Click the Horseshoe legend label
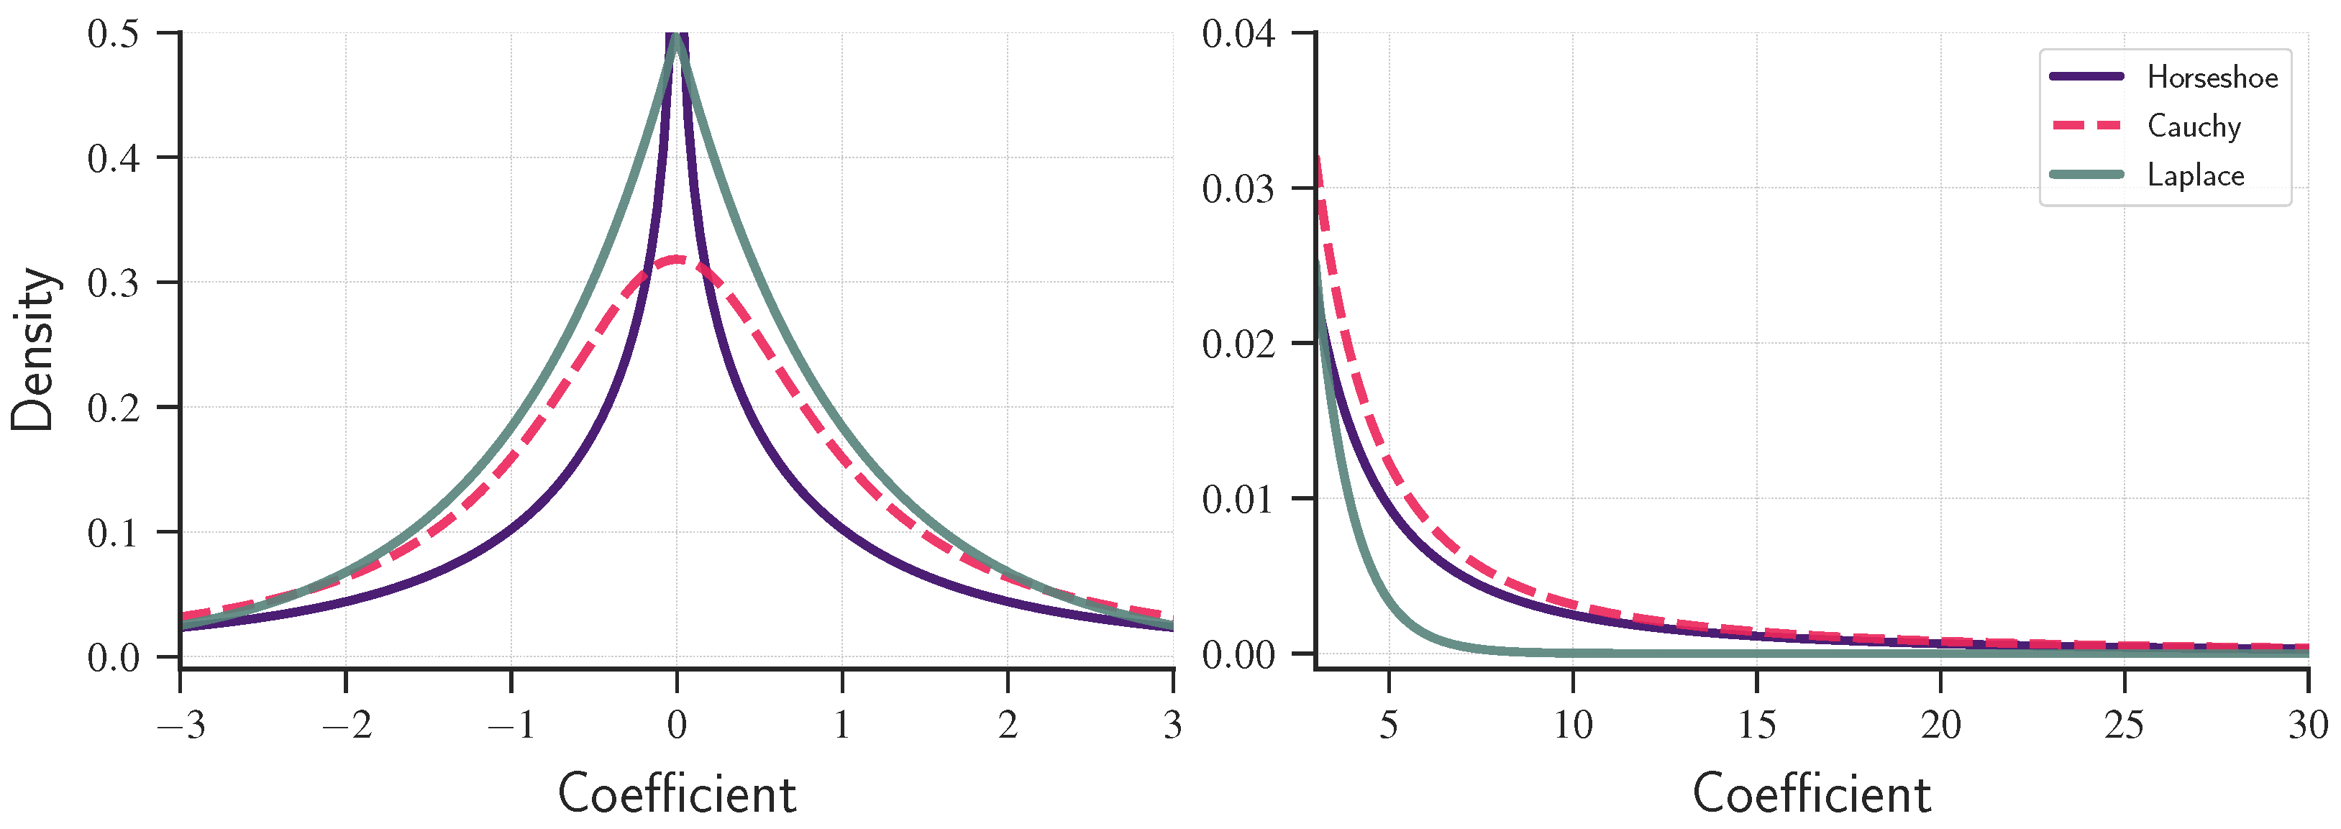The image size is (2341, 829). pyautogui.click(x=2212, y=77)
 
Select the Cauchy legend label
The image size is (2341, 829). pyautogui.click(x=2194, y=127)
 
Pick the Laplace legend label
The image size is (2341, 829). pyautogui.click(x=2196, y=175)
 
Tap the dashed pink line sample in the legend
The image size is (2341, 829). pyautogui.click(x=2086, y=125)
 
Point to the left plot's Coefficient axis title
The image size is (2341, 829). pyautogui.click(x=677, y=794)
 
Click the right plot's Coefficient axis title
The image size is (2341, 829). pyautogui.click(x=1811, y=794)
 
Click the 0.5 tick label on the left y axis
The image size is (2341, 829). pyautogui.click(x=114, y=35)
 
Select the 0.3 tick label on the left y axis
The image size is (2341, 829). pyautogui.click(x=114, y=283)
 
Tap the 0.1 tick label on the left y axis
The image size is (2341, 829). pyautogui.click(x=114, y=533)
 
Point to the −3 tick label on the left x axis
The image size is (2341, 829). pyautogui.click(x=181, y=725)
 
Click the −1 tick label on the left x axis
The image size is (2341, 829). pyautogui.click(x=511, y=725)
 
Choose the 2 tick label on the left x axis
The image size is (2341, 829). pyautogui.click(x=1007, y=725)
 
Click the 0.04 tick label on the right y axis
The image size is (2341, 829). pyautogui.click(x=1238, y=35)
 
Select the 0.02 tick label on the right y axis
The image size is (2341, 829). pyautogui.click(x=1238, y=344)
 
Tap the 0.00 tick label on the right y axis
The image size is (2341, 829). pyautogui.click(x=1238, y=654)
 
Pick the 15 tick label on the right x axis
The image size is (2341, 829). pyautogui.click(x=1757, y=725)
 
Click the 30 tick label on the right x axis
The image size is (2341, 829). pyautogui.click(x=2307, y=725)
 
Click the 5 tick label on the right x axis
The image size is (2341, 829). pyautogui.click(x=1389, y=725)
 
